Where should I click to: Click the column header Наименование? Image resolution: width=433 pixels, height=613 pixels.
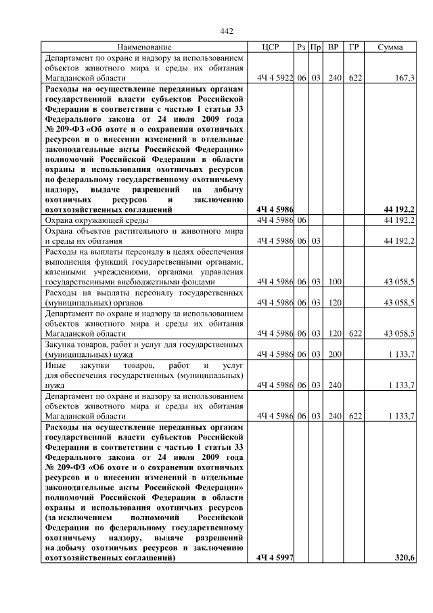(144, 47)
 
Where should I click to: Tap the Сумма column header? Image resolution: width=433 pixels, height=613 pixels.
(390, 47)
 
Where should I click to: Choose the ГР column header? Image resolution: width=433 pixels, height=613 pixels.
(353, 47)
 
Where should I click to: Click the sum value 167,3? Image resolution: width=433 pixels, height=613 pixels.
(404, 79)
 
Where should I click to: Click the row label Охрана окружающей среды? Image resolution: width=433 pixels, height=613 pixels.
(95, 221)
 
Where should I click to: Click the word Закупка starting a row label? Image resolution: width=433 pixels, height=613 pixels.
(61, 344)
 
